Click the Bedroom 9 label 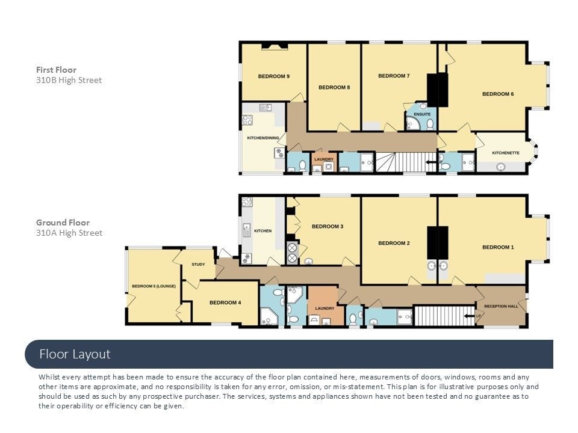(x=273, y=76)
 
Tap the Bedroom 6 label (x=498, y=94)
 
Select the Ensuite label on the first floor (x=422, y=114)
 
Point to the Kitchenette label (x=505, y=153)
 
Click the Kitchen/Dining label (x=263, y=138)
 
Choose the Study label (x=198, y=265)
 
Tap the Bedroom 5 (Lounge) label (x=154, y=286)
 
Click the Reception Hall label (x=501, y=306)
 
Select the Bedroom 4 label (x=225, y=302)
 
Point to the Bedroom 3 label (x=328, y=227)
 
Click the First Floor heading (x=56, y=70)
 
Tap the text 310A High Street (x=69, y=233)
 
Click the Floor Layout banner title (x=75, y=354)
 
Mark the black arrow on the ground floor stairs (x=469, y=316)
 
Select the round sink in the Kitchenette (x=500, y=167)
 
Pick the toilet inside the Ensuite (x=430, y=124)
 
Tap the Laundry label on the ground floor (x=325, y=308)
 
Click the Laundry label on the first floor (x=324, y=159)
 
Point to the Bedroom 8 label (x=334, y=87)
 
